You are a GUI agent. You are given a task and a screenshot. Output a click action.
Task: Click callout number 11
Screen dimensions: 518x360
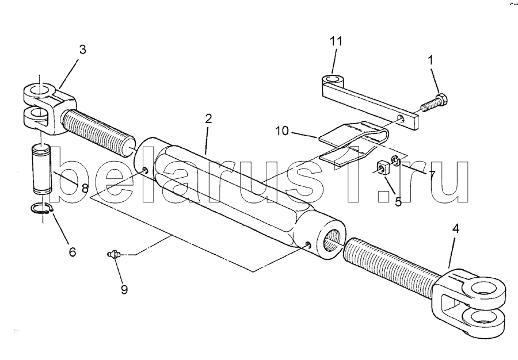(336, 42)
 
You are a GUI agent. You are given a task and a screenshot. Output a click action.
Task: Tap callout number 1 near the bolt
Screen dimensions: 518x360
(430, 61)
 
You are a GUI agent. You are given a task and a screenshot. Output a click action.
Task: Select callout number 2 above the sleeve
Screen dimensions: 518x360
(208, 119)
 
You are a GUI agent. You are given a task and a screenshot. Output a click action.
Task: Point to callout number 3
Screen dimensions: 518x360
(82, 49)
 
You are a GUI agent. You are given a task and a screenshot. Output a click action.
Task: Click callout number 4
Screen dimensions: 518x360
(456, 229)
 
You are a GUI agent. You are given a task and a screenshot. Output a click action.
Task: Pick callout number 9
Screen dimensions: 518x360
(124, 290)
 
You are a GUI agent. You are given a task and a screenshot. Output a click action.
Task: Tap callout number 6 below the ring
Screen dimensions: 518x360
(73, 252)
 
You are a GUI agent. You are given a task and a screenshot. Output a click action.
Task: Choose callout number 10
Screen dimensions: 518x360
(282, 131)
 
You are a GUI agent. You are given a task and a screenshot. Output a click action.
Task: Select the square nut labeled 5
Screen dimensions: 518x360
(383, 167)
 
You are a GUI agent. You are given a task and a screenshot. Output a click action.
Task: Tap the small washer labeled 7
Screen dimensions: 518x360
(396, 160)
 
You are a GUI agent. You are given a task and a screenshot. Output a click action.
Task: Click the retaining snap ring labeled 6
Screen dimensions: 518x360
(42, 209)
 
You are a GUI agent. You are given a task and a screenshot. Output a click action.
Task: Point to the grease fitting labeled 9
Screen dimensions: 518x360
(115, 254)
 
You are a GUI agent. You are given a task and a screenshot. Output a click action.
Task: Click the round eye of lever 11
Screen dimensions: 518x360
(333, 80)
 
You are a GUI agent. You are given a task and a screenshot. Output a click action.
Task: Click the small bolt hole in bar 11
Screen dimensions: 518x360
(401, 118)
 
